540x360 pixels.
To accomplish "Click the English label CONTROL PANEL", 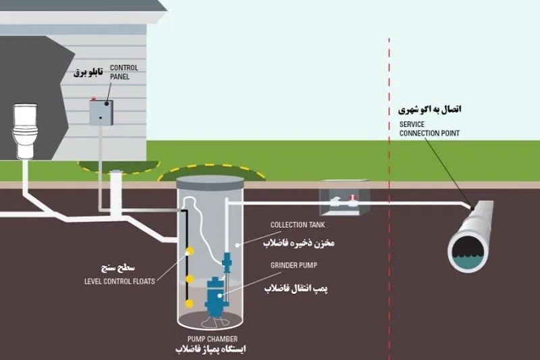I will click(124, 72).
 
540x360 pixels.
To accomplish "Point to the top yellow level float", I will click(190, 251).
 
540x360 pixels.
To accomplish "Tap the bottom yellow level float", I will click(189, 303).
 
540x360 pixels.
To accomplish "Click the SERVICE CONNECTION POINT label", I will click(429, 129).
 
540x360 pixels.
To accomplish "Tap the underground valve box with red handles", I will click(344, 198).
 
